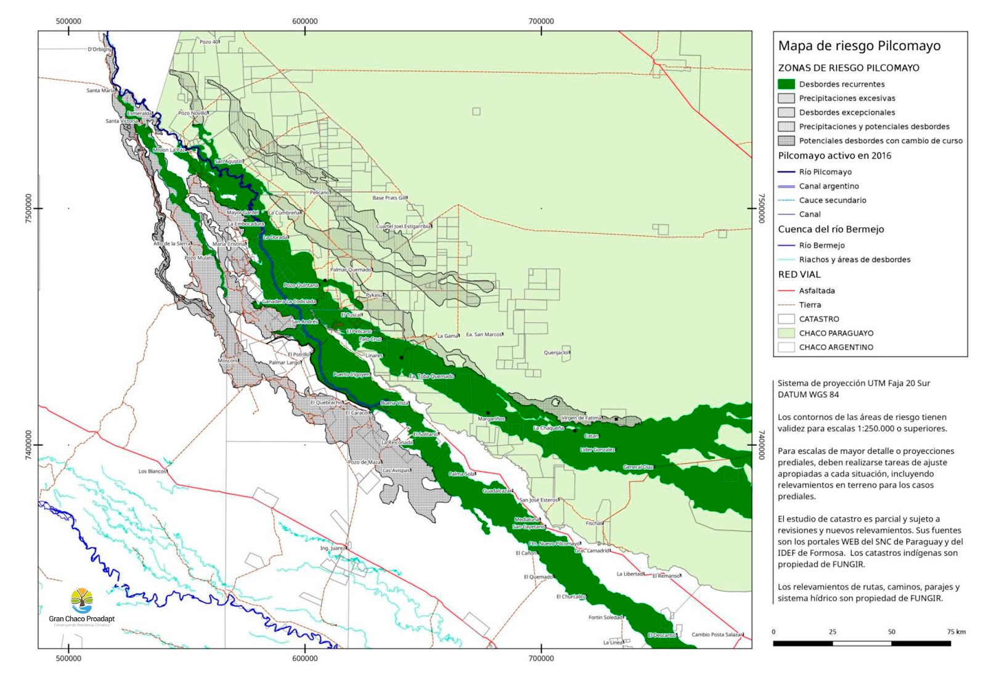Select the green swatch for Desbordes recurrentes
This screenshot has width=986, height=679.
[786, 84]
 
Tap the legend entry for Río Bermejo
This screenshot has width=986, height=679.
[821, 245]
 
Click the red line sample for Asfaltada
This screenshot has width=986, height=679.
[786, 290]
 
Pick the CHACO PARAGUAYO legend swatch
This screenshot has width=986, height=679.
[786, 333]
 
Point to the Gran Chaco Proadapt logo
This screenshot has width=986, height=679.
[81, 607]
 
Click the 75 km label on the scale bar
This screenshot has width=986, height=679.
[956, 632]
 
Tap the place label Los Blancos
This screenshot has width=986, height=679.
[152, 471]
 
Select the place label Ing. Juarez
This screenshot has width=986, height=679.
[333, 548]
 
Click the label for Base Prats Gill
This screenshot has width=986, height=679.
[389, 198]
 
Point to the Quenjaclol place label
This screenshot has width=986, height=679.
[556, 353]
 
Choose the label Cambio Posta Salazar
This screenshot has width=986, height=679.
[717, 635]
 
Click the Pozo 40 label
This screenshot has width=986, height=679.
[209, 42]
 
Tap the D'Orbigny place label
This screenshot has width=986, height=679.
[100, 49]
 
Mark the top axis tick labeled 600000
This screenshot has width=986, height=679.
[305, 21]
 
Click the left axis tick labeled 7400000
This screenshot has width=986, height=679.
[28, 444]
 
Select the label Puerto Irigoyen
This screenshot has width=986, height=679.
[351, 374]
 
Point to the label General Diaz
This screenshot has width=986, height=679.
[638, 467]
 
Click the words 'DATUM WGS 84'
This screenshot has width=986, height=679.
[808, 395]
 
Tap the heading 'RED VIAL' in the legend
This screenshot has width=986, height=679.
[799, 274]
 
